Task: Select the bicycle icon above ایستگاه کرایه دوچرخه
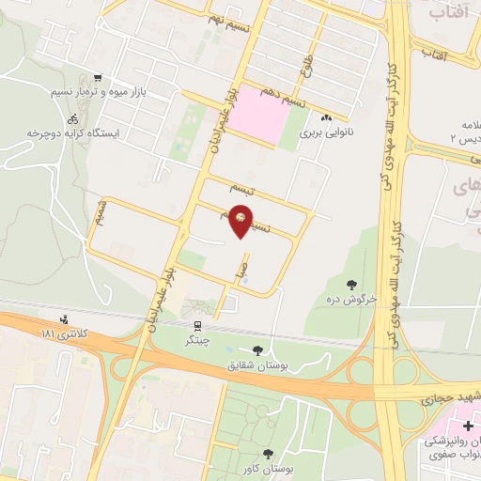[x=73, y=119]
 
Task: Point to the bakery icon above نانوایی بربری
[x=327, y=119]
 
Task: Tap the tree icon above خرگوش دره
[x=351, y=284]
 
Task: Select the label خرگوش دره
[x=352, y=299]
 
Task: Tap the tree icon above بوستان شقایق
[x=257, y=349]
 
